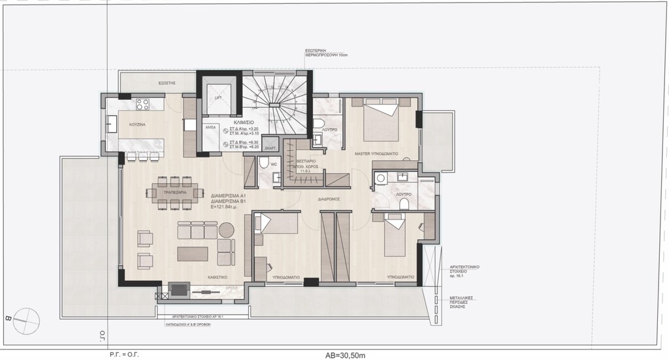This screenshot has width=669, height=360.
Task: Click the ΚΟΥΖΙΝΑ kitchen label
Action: click(x=137, y=123)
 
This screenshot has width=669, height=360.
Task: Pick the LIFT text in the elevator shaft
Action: click(x=218, y=98)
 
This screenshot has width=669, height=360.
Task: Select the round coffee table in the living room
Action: click(x=226, y=229)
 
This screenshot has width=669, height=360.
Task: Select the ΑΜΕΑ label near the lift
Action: click(x=210, y=127)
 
